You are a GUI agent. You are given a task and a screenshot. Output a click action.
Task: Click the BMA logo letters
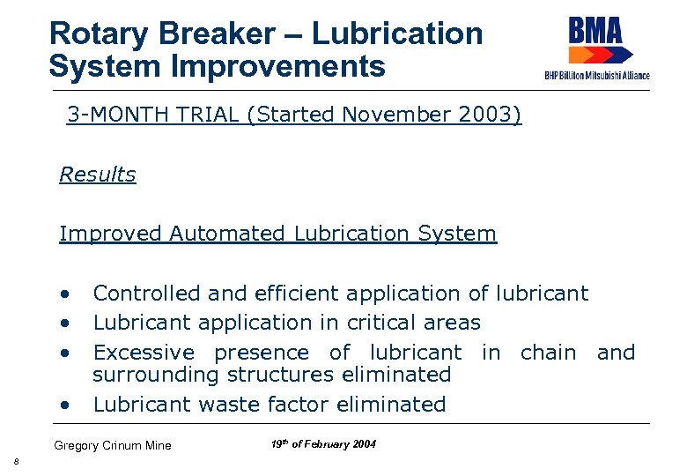point(595,32)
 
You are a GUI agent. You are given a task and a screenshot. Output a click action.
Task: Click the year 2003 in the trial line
point(483,115)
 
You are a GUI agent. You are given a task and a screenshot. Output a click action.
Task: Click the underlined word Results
point(98,175)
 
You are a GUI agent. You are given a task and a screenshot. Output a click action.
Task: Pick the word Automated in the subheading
point(226,234)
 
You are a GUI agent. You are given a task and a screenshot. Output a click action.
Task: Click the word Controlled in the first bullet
point(145,294)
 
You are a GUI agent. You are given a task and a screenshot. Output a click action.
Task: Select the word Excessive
point(144,353)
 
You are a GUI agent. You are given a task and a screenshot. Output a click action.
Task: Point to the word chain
point(548,353)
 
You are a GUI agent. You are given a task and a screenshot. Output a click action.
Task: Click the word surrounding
point(157,375)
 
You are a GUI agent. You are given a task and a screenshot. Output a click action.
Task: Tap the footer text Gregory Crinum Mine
point(113,445)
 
